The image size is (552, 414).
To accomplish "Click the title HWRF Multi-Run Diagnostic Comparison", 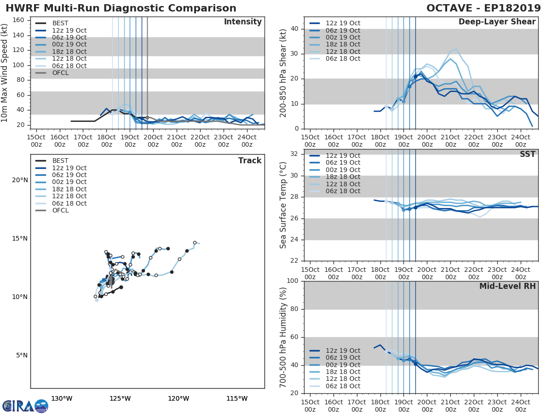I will [121, 8].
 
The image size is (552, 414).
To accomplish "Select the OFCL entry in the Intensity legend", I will [60, 73].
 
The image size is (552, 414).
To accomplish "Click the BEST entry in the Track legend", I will [60, 161].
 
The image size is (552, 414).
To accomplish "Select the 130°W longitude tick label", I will [62, 398].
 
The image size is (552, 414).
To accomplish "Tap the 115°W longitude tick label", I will [237, 398].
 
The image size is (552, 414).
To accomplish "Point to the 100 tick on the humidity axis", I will [292, 281].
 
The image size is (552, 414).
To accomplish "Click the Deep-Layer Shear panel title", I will [497, 22].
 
